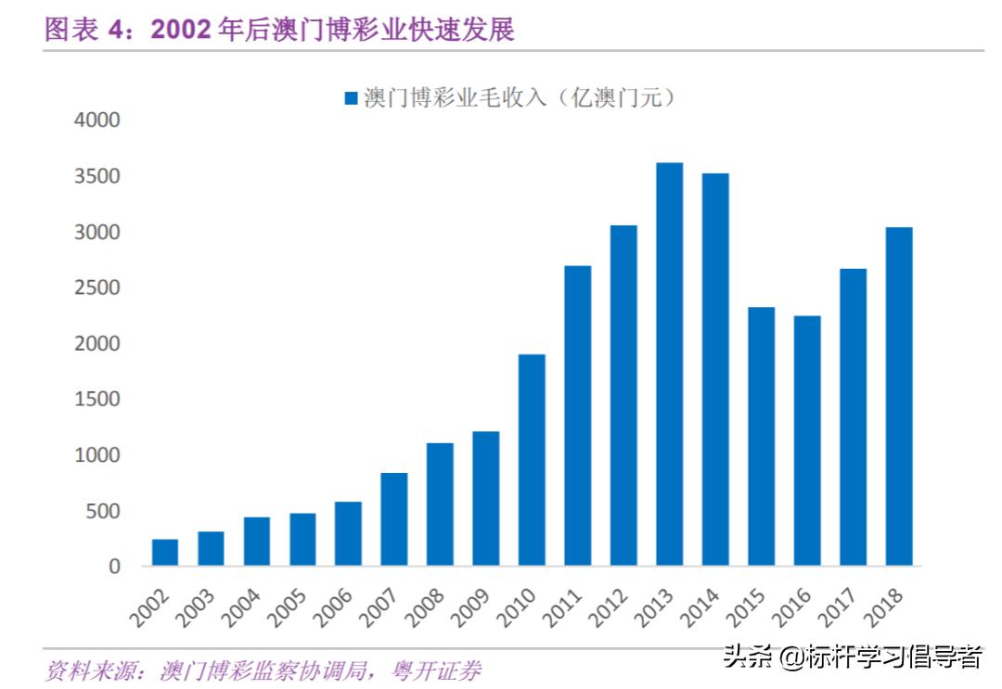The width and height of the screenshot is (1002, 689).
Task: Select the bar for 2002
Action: point(165,553)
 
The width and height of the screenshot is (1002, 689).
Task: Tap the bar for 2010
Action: point(532,460)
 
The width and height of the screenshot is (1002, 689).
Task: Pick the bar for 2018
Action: point(898,397)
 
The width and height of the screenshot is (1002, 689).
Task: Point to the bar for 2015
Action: point(761,437)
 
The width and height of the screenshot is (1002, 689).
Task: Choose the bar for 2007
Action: point(394,519)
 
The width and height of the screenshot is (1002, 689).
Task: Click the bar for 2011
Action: point(577,416)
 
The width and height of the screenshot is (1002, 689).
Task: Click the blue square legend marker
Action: point(351,98)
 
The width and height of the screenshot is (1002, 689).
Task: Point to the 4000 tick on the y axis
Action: point(96,121)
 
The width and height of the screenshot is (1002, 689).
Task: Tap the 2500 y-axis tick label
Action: point(96,288)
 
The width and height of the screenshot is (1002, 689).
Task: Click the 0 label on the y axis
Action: point(115,567)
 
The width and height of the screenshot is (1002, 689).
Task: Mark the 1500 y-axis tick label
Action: point(96,400)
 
